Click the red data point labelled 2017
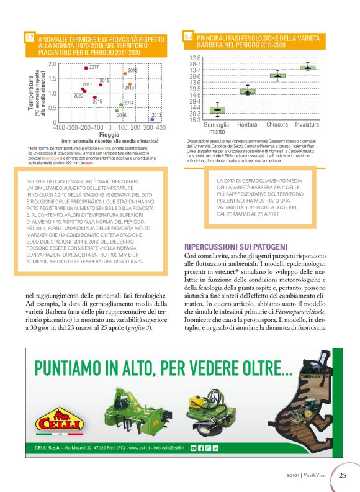pyautogui.click(x=86, y=68)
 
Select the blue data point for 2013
pyautogui.click(x=152, y=119)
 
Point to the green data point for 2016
pyautogui.click(x=116, y=111)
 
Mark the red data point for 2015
pyautogui.click(x=94, y=98)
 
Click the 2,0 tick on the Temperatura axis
pyautogui.click(x=52, y=64)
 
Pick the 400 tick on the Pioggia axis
pyautogui.click(x=161, y=127)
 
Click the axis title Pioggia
pyautogui.click(x=109, y=134)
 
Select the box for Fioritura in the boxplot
pyautogui.click(x=248, y=91)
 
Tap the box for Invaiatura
pyautogui.click(x=308, y=67)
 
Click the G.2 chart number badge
pyautogui.click(x=29, y=38)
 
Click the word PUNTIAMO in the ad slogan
pyautogui.click(x=77, y=367)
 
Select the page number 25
pyautogui.click(x=343, y=476)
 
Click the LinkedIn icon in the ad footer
pyautogui.click(x=216, y=448)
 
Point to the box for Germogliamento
pyautogui.click(x=217, y=110)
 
